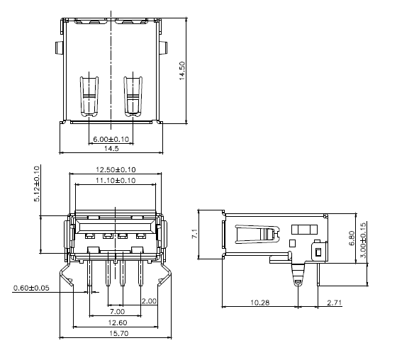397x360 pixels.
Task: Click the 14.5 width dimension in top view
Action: click(x=112, y=148)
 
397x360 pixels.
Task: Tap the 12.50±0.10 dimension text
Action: click(x=116, y=170)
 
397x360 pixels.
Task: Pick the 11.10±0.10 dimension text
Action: click(x=116, y=181)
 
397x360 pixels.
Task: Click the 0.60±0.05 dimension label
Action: click(x=31, y=288)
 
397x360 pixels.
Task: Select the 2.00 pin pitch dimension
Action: click(x=149, y=302)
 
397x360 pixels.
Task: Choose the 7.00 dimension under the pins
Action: click(x=117, y=311)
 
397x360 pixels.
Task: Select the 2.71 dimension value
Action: click(x=334, y=303)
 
